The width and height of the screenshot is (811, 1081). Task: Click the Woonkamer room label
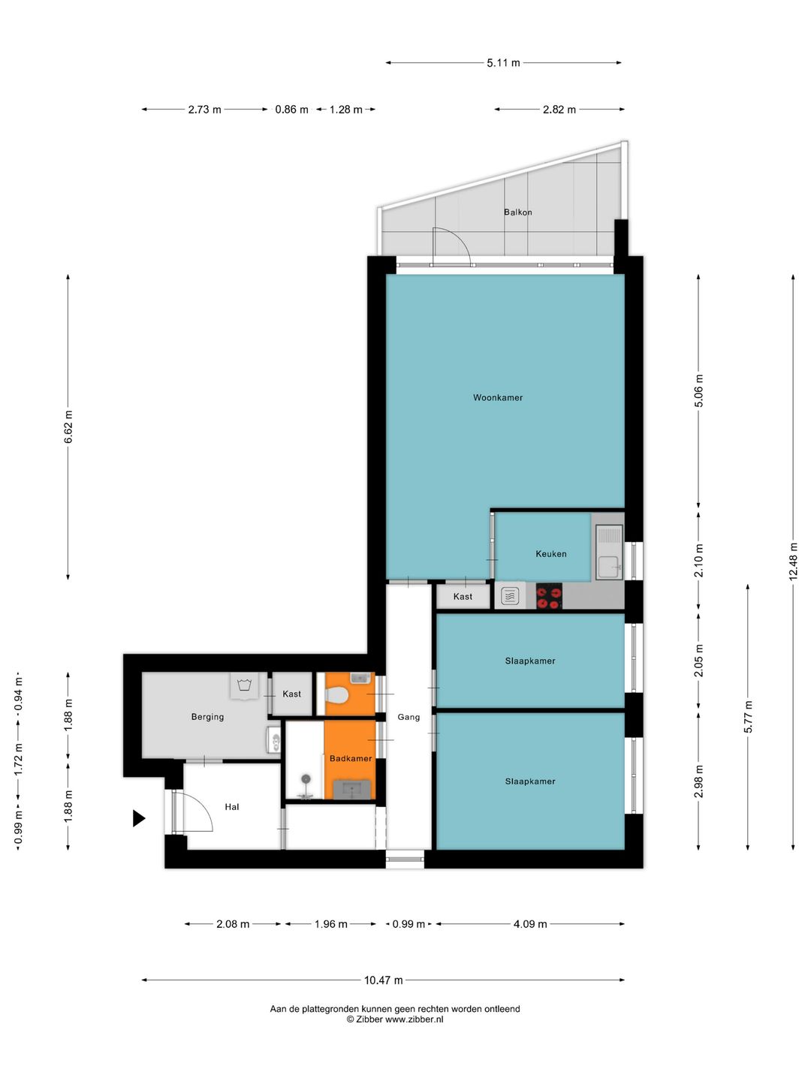click(497, 397)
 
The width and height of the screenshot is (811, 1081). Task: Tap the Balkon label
click(517, 212)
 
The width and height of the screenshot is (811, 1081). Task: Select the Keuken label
click(550, 553)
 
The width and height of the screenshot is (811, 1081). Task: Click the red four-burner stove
click(548, 596)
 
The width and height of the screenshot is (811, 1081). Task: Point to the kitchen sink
click(609, 552)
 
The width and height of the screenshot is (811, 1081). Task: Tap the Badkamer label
click(351, 758)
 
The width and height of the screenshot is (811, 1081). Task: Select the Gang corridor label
click(409, 717)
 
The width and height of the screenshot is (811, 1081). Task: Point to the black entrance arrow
click(138, 818)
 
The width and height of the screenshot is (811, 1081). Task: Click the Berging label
click(207, 717)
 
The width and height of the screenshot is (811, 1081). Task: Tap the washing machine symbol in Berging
click(244, 685)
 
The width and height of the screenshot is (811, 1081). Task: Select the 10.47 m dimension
click(383, 980)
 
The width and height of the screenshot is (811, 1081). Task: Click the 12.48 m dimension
click(793, 562)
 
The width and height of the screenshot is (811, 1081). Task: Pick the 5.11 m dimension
click(503, 62)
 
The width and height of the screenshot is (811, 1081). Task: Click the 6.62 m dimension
click(68, 427)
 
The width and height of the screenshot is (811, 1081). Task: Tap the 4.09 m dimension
click(530, 924)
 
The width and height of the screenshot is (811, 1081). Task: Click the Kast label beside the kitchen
click(463, 596)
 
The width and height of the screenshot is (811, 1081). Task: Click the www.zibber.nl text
click(414, 1019)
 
